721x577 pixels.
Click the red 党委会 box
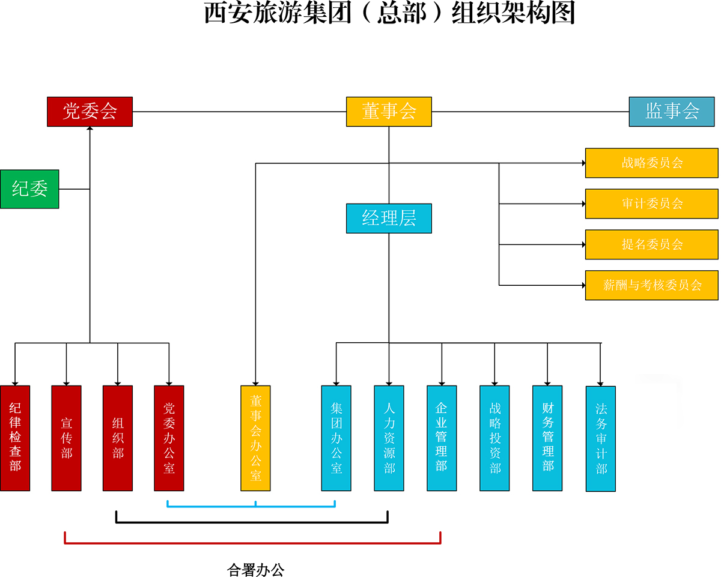90,112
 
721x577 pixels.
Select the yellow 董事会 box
389,112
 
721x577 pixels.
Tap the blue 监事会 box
672,112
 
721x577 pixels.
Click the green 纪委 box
29,189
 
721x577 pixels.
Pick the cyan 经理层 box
389,219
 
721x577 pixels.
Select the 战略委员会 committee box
651,163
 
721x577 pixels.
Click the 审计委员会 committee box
651,204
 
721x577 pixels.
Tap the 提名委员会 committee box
651,244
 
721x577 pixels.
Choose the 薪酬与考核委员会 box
651,285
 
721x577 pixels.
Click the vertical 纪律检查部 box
15,438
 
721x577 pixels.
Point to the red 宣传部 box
66,438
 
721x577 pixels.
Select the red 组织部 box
118,438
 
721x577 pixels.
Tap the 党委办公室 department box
169,438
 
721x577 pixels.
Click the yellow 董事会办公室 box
255,438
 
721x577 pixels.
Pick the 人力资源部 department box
389,438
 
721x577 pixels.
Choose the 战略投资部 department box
494,438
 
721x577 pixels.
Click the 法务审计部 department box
600,439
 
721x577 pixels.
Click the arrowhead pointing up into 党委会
90,130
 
